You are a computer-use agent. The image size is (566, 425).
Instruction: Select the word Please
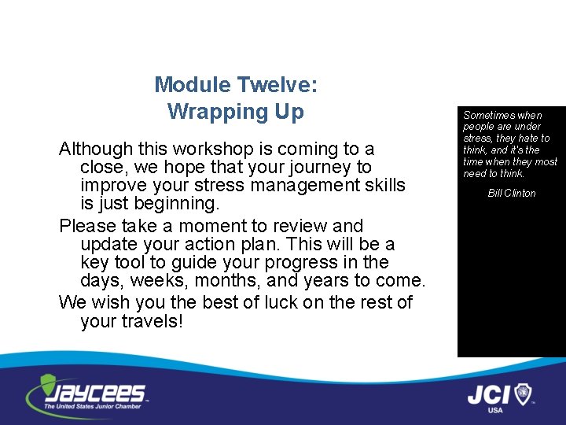[x=86, y=227]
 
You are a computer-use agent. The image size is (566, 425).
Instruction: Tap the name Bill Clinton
[x=512, y=193]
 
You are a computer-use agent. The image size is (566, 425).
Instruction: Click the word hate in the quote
[x=528, y=139]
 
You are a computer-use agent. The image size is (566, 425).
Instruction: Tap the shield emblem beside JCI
[x=523, y=393]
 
